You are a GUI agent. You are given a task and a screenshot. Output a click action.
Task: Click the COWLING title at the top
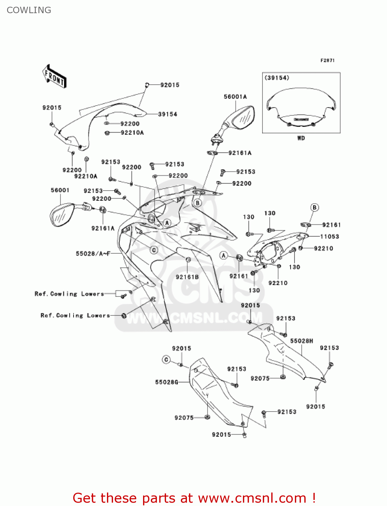(29, 10)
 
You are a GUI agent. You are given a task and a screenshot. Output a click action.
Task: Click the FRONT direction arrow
(54, 76)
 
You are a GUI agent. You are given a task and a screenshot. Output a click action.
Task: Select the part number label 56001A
(235, 97)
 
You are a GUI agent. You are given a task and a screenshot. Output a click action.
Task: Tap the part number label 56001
(60, 190)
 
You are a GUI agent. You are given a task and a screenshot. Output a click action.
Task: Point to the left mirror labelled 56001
(62, 215)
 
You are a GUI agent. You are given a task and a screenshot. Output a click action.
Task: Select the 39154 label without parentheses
(168, 114)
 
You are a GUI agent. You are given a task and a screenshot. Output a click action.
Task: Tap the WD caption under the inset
(301, 138)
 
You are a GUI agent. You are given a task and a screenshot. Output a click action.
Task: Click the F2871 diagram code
(327, 60)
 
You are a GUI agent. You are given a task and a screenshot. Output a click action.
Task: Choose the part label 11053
(330, 236)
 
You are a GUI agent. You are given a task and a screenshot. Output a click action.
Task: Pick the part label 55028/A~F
(93, 253)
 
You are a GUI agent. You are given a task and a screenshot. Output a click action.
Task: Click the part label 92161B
(187, 277)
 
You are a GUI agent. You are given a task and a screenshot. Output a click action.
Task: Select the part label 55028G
(166, 382)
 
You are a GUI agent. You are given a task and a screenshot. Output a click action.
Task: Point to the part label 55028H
(302, 341)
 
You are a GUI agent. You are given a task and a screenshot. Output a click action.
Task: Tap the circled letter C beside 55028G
(166, 360)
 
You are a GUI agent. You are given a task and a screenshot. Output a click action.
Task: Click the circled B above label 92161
(314, 207)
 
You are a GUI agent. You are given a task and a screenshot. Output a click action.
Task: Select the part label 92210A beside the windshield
(132, 133)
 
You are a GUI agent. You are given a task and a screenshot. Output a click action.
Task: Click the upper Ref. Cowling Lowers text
(69, 294)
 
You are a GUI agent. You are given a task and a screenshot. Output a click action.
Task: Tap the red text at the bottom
(194, 498)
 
